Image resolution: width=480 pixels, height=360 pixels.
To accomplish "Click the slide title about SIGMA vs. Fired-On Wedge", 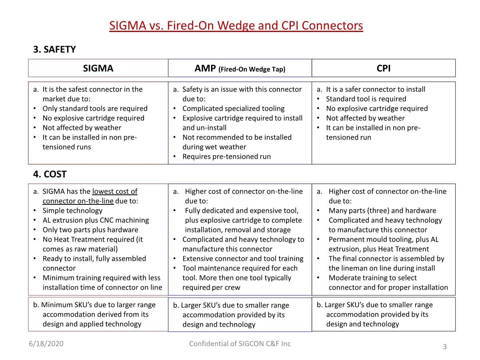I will [x=236, y=26].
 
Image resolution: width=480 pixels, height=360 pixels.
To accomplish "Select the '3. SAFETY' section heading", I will [x=54, y=50].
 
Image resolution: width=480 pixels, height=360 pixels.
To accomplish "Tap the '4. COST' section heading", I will [x=50, y=174].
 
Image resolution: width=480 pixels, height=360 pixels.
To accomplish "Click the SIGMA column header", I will [x=98, y=68].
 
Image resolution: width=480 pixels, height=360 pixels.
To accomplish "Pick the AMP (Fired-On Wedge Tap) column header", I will [x=240, y=69].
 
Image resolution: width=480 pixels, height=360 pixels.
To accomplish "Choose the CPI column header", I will [x=383, y=68].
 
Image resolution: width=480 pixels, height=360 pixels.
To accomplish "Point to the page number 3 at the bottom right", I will [x=444, y=347].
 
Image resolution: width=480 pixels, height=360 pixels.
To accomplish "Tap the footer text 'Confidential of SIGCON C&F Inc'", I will [x=240, y=344].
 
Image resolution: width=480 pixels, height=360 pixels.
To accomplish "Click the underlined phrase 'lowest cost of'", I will [x=115, y=192].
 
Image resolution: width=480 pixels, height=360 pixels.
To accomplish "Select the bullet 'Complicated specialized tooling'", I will [x=233, y=108].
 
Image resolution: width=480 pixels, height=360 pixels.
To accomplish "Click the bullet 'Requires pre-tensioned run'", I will [x=226, y=156].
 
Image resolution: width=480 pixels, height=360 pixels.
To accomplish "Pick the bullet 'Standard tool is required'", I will [x=366, y=99].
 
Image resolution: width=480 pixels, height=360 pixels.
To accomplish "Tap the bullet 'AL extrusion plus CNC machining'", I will [x=96, y=220].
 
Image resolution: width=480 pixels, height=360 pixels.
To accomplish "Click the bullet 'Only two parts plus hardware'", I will [x=90, y=230].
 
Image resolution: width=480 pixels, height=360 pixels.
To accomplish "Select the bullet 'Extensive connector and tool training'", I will [x=243, y=258].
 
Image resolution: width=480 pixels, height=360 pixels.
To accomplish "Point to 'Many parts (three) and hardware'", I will [x=382, y=211].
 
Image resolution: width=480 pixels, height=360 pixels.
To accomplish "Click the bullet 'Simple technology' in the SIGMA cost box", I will [x=72, y=210].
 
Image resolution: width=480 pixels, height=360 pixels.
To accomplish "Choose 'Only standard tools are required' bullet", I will [x=95, y=108].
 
